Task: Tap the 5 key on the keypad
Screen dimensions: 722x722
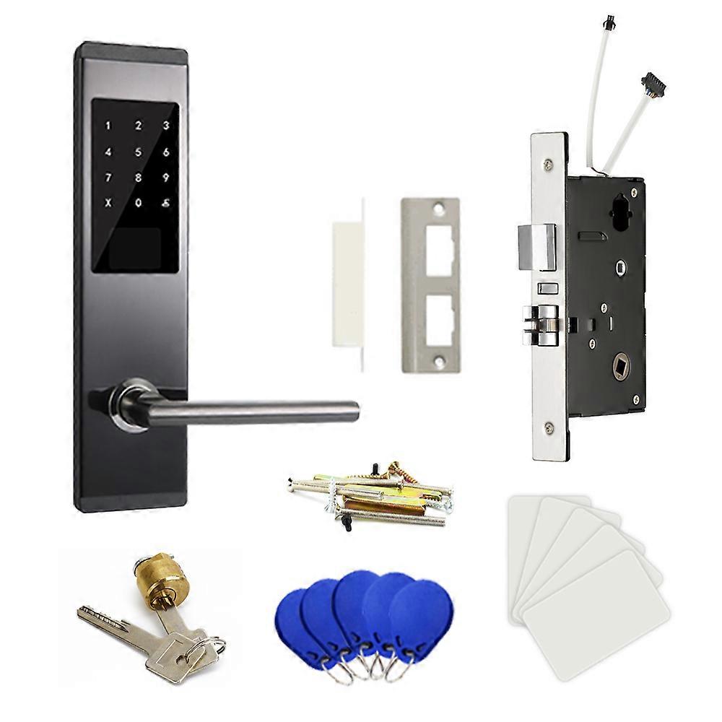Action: pyautogui.click(x=137, y=152)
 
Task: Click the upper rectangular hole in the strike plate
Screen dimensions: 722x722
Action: pyautogui.click(x=430, y=244)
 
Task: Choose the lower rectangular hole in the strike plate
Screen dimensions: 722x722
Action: pyautogui.click(x=430, y=321)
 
